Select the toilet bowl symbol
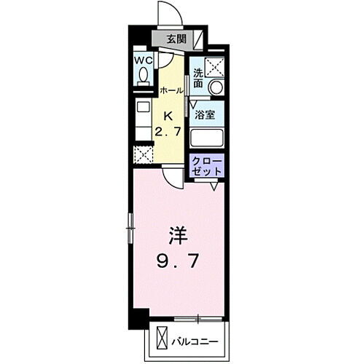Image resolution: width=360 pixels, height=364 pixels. point(143,74)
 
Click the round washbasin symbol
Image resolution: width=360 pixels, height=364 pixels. point(216,87)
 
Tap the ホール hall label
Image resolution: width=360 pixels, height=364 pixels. point(171,90)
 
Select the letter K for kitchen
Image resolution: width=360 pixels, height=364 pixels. point(168,115)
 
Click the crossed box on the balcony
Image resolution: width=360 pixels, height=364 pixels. point(162,339)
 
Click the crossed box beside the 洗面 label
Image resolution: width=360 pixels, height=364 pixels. point(216,66)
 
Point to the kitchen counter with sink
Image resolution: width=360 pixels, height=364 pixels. point(142,121)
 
